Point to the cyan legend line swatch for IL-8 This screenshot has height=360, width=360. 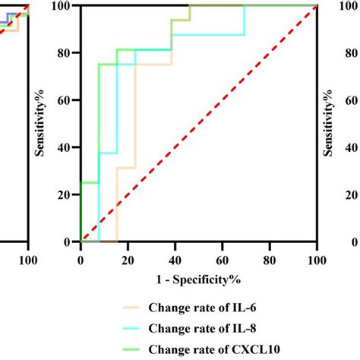click(x=137, y=328)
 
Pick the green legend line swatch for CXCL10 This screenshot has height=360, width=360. click(x=137, y=349)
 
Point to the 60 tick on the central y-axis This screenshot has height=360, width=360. click(x=64, y=100)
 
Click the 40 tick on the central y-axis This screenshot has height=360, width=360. click(x=64, y=147)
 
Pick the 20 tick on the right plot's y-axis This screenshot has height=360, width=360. click(x=350, y=194)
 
